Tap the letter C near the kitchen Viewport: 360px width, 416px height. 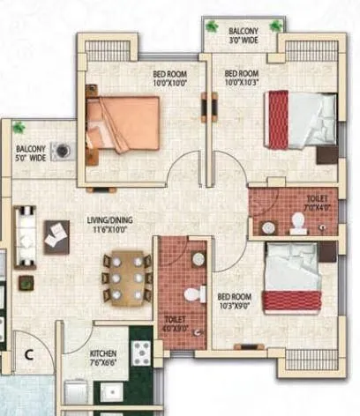click(x=28, y=356)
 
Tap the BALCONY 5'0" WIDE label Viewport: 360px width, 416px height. click(x=31, y=155)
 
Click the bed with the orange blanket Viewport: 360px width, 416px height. click(x=124, y=125)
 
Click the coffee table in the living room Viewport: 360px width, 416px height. click(x=57, y=234)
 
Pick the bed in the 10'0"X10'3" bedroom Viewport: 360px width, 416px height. click(x=298, y=121)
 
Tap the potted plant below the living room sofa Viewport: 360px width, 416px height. click(x=26, y=285)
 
